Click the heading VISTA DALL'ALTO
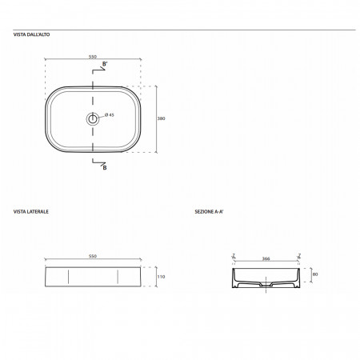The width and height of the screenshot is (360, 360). point(31,34)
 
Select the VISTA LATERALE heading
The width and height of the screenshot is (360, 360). point(31,211)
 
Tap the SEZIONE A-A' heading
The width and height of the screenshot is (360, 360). point(209,212)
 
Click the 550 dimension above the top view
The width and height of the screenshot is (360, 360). point(93,57)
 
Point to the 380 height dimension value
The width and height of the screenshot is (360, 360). point(161,118)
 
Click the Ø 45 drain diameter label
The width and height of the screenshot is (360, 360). point(110,115)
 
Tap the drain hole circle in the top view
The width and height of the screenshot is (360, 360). point(93,119)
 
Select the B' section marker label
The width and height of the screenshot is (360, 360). point(105,64)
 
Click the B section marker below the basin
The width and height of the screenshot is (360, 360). point(105,168)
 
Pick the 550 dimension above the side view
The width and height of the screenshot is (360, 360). point(93,256)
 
